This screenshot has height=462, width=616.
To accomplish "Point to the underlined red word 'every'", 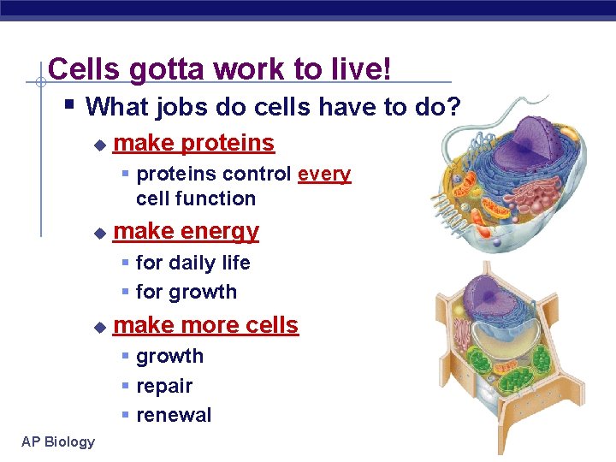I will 324,175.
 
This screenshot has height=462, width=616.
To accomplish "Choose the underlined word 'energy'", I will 220,231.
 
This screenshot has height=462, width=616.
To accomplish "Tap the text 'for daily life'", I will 192,263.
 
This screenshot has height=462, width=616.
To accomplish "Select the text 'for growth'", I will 186,292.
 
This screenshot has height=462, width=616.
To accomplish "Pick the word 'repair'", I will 164,386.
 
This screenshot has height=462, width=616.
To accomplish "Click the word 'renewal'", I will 174,415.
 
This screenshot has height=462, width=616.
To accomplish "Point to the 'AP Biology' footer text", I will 58,441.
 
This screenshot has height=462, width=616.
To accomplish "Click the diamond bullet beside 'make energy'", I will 99,233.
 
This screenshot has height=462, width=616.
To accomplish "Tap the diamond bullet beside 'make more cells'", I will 99,327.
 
